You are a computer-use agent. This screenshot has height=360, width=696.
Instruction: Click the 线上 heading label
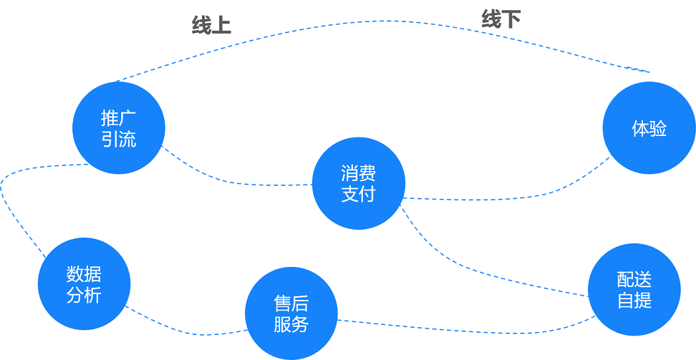tap(211, 26)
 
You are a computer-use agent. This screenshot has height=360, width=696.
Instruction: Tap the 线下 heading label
tap(501, 19)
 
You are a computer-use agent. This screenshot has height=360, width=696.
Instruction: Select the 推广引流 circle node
tap(119, 127)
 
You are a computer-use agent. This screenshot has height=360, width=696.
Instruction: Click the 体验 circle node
tap(649, 128)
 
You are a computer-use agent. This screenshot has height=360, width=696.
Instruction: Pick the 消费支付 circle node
tap(359, 183)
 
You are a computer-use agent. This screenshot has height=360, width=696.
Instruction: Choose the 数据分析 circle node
tap(84, 284)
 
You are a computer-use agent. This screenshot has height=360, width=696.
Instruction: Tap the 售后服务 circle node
tap(291, 313)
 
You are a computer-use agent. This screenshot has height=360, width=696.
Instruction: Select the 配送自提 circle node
tap(634, 289)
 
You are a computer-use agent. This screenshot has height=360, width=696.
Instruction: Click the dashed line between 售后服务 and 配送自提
tap(465, 330)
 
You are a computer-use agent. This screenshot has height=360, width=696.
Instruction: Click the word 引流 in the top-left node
tap(119, 139)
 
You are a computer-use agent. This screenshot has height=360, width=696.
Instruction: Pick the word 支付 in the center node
tap(359, 194)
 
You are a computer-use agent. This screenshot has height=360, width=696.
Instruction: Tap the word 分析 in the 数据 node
tap(84, 295)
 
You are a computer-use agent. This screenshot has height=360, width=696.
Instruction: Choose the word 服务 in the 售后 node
tap(291, 324)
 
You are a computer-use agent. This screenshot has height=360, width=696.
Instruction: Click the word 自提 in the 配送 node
tap(634, 300)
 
